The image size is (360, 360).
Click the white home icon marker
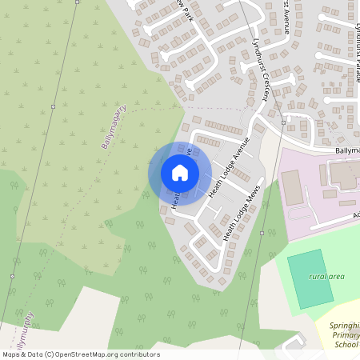click(180, 173)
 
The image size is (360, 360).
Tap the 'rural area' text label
click(326, 277)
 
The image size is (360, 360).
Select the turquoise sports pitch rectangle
click(309, 277)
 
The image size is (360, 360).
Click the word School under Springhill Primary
click(346, 346)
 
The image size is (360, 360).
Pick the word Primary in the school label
click(346, 336)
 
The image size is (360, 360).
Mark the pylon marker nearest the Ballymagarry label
click(53, 106)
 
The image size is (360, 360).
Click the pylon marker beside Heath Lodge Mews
click(262, 233)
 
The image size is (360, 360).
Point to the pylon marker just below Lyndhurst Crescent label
click(282, 122)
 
